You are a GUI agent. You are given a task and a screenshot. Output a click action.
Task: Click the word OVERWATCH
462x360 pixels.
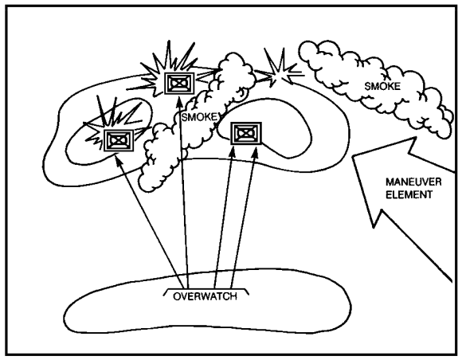click(x=205, y=296)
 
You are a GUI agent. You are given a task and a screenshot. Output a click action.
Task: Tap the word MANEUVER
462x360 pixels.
click(x=413, y=182)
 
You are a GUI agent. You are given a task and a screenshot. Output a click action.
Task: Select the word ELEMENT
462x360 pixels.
click(x=409, y=194)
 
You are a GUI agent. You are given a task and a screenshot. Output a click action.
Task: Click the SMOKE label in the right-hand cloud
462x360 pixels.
click(x=382, y=86)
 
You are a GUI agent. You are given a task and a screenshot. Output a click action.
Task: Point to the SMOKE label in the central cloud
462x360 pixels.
click(x=199, y=117)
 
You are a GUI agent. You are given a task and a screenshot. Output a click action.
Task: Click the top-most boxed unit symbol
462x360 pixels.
click(x=179, y=84)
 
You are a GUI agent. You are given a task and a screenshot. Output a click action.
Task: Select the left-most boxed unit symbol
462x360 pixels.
click(x=119, y=140)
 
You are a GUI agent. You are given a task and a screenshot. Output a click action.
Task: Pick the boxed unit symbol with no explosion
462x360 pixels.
click(x=245, y=134)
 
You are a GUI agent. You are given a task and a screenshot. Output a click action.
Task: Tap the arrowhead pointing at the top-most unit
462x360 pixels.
click(x=179, y=101)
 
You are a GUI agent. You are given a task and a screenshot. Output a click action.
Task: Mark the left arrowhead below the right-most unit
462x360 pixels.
click(x=233, y=151)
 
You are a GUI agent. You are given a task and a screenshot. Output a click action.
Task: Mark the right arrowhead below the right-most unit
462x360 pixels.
click(x=256, y=151)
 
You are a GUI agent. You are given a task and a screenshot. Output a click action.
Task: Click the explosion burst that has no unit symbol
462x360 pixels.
click(x=279, y=72)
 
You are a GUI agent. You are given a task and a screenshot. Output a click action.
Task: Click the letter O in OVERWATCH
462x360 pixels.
click(x=177, y=296)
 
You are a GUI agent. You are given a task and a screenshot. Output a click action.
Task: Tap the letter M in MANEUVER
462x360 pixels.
click(x=390, y=182)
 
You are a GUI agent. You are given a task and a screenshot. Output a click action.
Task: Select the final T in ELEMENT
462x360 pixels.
click(x=429, y=194)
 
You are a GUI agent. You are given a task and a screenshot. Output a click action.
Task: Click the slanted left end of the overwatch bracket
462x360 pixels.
click(x=166, y=292)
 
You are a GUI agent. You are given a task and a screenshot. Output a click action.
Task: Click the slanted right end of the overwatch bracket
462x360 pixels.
click(x=247, y=292)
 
